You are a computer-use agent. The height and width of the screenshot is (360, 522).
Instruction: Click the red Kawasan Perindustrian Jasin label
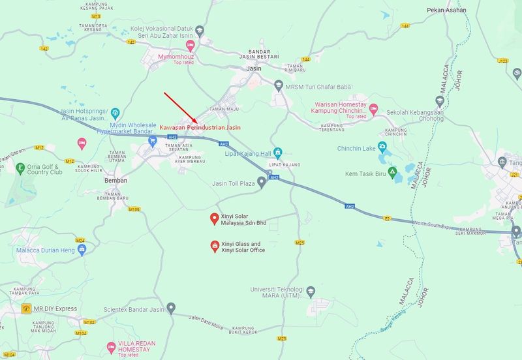point(200,127)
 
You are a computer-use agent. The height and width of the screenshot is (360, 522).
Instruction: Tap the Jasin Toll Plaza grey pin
point(262,183)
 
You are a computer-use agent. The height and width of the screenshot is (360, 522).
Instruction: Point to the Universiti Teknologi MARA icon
point(311,291)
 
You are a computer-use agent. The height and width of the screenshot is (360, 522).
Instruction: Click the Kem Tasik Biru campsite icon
point(392,173)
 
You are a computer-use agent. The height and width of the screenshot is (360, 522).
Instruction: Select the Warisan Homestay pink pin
point(373,108)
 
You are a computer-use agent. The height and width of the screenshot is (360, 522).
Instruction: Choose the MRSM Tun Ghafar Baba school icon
point(279,84)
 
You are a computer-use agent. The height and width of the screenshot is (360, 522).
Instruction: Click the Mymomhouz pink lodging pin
point(191,45)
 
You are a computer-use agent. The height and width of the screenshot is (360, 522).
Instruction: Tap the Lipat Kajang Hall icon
point(278,153)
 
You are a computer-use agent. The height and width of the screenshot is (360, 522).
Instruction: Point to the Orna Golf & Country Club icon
point(20,168)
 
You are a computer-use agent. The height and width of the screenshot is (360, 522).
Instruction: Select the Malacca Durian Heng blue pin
point(82,250)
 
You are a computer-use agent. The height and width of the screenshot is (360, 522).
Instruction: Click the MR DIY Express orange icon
point(26,308)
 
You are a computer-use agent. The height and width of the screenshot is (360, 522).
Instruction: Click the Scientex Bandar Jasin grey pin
point(171,307)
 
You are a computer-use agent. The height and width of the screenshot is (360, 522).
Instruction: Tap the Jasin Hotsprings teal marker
point(115,112)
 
